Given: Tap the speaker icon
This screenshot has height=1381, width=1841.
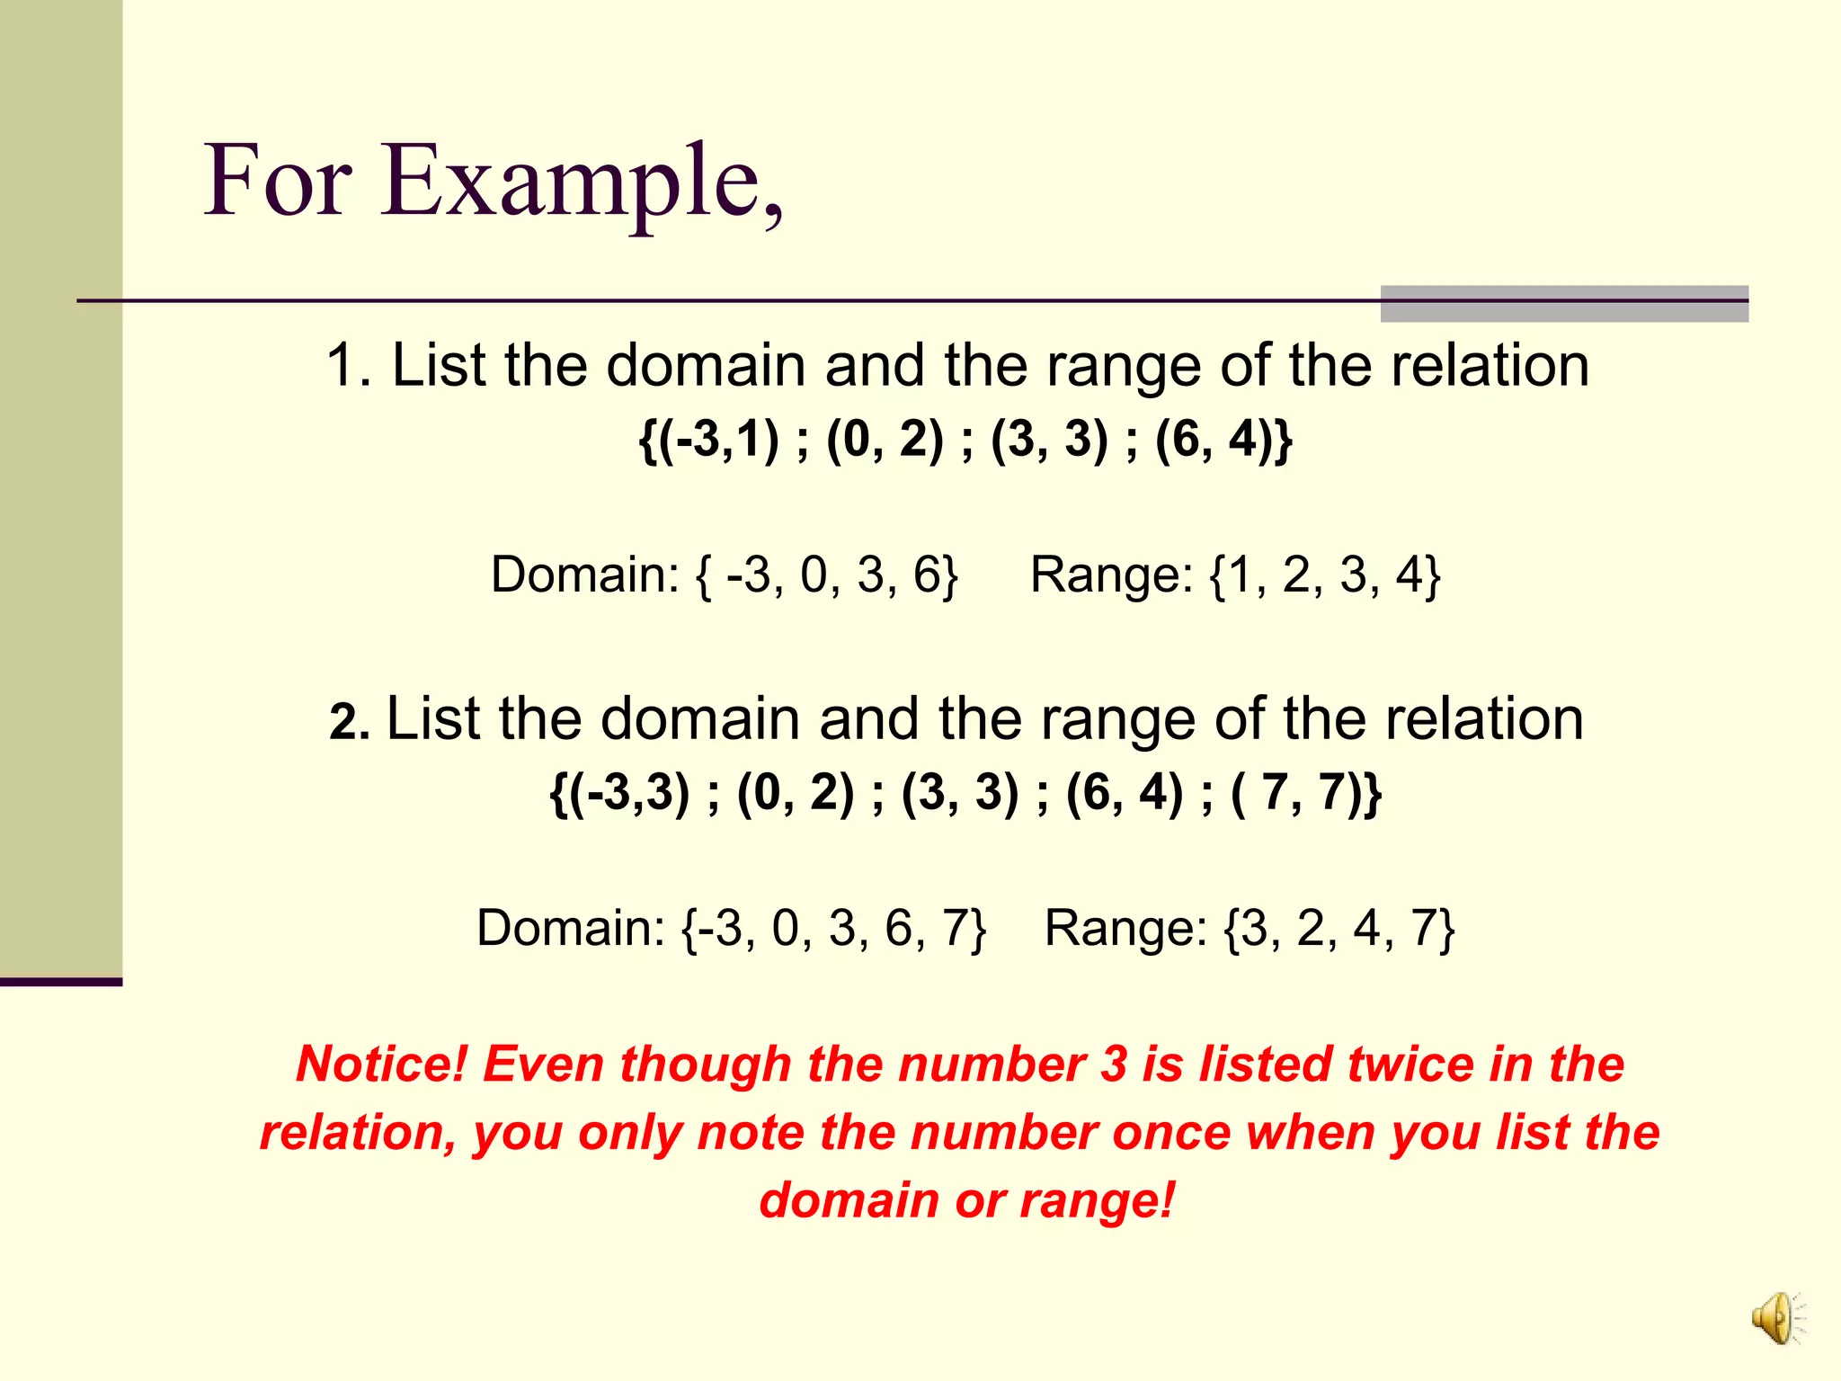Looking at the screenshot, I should tap(1776, 1319).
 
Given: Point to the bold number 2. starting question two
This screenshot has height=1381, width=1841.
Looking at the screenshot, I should tap(350, 722).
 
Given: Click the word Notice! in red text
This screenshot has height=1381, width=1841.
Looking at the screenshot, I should tap(382, 1065).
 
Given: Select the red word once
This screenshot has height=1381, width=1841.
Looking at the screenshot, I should tap(1171, 1133).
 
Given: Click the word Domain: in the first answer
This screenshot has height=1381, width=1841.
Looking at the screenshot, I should tap(584, 575).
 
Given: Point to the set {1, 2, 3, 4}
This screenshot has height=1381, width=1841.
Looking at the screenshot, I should tap(1325, 575).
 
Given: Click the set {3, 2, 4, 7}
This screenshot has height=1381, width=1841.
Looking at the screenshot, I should tap(1339, 928).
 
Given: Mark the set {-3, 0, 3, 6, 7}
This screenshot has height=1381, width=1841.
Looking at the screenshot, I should tap(834, 928).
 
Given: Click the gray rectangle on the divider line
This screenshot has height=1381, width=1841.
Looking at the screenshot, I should tap(1563, 304).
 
